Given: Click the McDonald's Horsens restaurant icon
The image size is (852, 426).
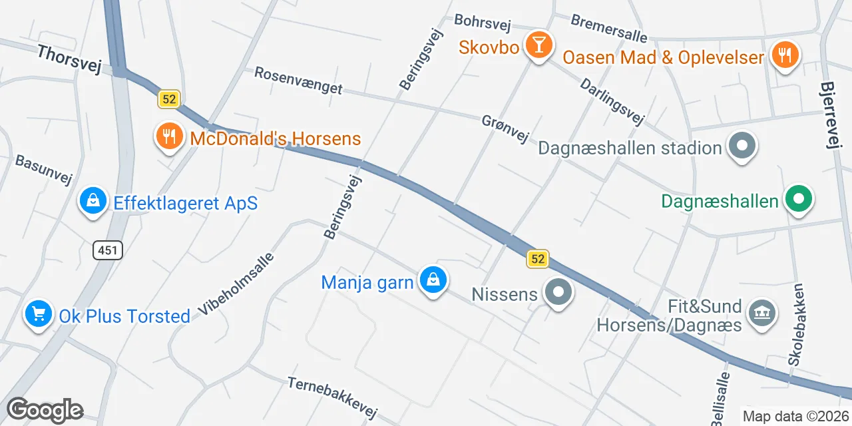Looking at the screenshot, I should pyautogui.click(x=169, y=136).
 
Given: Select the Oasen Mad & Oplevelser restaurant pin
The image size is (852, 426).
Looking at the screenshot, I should pyautogui.click(x=785, y=55).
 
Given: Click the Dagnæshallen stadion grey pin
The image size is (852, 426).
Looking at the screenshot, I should pyautogui.click(x=740, y=146).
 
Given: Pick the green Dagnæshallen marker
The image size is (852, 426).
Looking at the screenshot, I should pyautogui.click(x=799, y=199).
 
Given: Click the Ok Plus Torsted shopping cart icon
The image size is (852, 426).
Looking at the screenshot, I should pyautogui.click(x=39, y=314).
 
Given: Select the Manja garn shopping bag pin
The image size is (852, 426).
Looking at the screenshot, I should pyautogui.click(x=433, y=280).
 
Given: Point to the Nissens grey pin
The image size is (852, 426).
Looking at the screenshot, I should pyautogui.click(x=558, y=292).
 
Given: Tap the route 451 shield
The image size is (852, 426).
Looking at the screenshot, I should pyautogui.click(x=107, y=250).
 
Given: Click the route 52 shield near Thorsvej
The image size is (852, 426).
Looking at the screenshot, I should pyautogui.click(x=169, y=100).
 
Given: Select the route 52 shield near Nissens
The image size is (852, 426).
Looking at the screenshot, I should pyautogui.click(x=538, y=259).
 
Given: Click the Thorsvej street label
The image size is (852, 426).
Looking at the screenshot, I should pyautogui.click(x=69, y=59).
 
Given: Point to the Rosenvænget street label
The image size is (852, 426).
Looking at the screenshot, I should pyautogui.click(x=298, y=81).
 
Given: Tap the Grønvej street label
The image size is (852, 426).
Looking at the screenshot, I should pyautogui.click(x=505, y=128).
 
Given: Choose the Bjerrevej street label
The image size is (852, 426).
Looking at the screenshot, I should pyautogui.click(x=833, y=116).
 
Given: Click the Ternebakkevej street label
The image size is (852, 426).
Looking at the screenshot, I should pyautogui.click(x=332, y=396).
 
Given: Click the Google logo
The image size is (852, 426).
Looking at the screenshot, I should pyautogui.click(x=45, y=411).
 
